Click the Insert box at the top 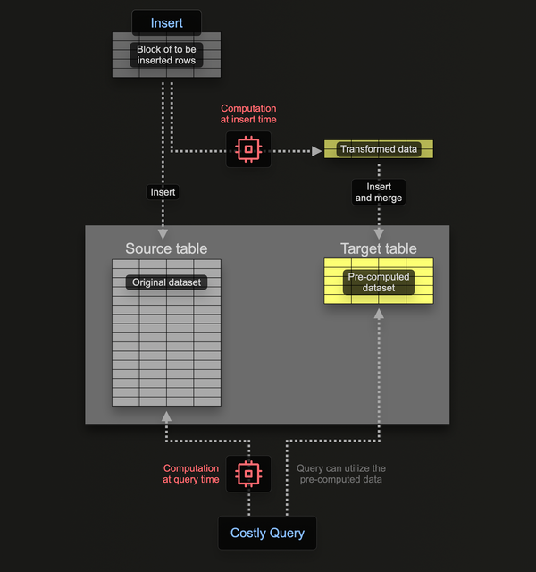pos(166,22)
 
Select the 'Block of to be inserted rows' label pos(166,55)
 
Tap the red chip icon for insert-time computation pos(247,148)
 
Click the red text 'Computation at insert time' pos(248,114)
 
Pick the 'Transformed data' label pos(379,149)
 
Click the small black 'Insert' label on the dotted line pos(163,191)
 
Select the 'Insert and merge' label pos(379,192)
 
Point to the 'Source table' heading pos(166,248)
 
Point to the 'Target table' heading pos(379,248)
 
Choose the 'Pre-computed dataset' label pos(379,282)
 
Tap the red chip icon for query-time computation pos(247,473)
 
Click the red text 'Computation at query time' pos(190,474)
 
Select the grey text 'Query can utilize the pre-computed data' pos(341,474)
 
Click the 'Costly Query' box pos(267,533)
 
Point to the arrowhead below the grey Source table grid pos(165,416)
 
